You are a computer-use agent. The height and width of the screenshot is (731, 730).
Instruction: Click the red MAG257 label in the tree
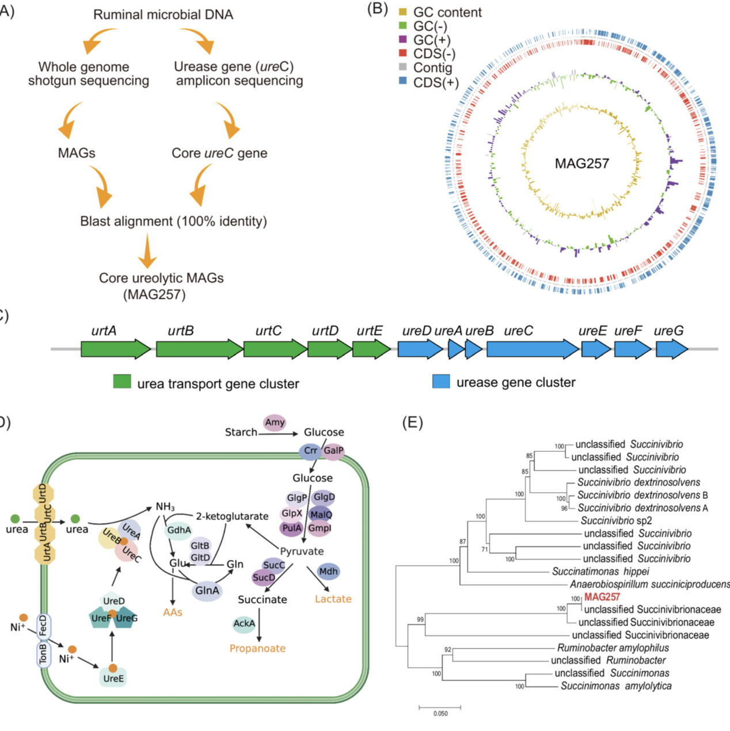pos(602,597)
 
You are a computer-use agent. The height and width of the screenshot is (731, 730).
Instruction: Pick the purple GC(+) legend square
pos(403,40)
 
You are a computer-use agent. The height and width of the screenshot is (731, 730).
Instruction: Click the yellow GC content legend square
pos(403,12)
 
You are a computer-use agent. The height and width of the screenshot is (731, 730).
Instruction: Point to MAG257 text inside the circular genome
pos(581,163)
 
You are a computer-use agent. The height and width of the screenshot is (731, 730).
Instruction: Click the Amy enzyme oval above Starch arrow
pos(275,422)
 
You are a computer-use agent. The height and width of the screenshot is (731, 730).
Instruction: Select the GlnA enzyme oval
pos(207,591)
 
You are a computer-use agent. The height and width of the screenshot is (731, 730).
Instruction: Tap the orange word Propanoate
pos(257,648)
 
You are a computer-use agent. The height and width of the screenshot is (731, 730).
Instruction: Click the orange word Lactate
pos(333,599)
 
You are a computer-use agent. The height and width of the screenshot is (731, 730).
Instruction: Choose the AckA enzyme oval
pos(244,623)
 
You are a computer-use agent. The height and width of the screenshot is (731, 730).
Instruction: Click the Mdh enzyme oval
pos(328,572)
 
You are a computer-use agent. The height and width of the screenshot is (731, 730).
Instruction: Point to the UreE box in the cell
pos(113,677)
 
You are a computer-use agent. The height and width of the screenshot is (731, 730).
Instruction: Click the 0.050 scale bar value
pos(440,714)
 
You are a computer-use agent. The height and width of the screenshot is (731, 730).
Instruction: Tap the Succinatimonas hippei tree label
pos(600,572)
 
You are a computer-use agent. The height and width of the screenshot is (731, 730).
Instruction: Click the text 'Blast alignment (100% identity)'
pos(173,222)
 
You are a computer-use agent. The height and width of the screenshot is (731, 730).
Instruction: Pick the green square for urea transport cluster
pos(122,382)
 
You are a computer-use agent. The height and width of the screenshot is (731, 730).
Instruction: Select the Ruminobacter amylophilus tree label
pos(613,648)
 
